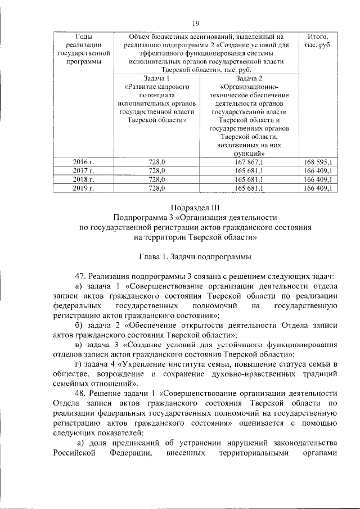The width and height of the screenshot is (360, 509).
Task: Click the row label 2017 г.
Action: click(x=83, y=171)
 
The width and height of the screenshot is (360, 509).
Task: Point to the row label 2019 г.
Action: click(x=83, y=188)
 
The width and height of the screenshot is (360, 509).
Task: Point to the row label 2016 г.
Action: click(x=83, y=163)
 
